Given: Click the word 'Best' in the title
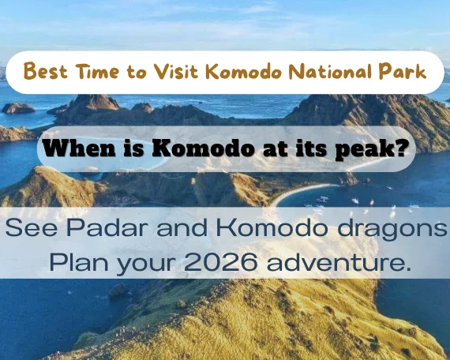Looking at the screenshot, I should coord(45,72).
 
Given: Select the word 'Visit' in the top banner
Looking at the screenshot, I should coord(174,72).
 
